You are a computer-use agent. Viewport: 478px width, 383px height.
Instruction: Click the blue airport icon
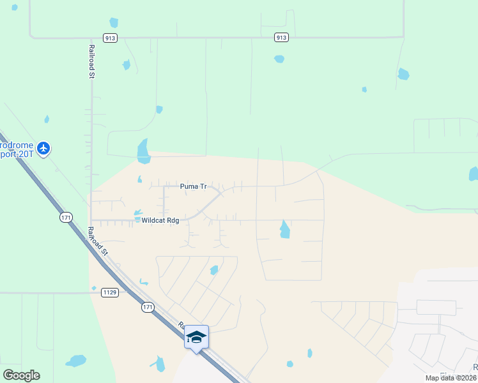click(43, 149)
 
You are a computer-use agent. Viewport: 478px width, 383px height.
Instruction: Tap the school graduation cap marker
click(197, 337)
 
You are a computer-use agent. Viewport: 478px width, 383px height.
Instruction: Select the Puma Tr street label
click(193, 186)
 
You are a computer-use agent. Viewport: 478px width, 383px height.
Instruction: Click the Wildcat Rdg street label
click(160, 220)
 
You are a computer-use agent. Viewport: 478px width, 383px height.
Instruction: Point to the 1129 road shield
click(110, 292)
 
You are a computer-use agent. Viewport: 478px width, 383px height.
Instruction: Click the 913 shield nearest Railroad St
click(111, 38)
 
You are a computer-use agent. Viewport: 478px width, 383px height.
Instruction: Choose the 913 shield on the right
click(280, 38)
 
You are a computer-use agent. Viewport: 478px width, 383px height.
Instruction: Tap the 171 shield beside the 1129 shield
click(148, 308)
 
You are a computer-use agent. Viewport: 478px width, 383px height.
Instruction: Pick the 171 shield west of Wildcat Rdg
click(66, 218)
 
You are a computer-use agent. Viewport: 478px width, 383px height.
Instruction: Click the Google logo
click(21, 375)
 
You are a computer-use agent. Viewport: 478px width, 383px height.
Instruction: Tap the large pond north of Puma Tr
click(143, 151)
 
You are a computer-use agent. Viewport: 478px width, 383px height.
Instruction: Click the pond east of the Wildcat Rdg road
click(284, 229)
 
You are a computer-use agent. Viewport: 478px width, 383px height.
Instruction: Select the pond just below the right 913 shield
click(279, 59)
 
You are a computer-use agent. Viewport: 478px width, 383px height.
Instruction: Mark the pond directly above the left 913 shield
click(114, 23)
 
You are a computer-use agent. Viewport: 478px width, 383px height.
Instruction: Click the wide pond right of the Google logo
click(75, 361)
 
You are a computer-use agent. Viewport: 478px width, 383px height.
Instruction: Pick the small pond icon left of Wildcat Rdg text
click(137, 213)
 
